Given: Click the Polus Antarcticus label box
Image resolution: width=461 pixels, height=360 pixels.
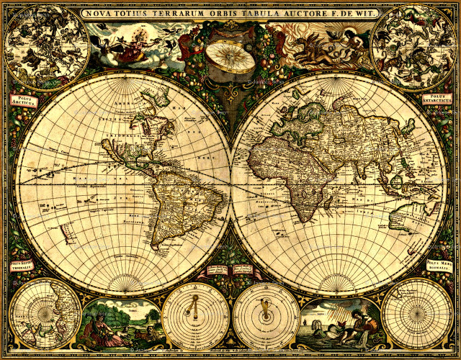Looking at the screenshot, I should [437, 99].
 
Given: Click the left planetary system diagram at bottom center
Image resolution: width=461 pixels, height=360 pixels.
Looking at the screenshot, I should [196, 315].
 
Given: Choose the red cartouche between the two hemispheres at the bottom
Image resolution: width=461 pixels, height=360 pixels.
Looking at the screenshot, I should [231, 271].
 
